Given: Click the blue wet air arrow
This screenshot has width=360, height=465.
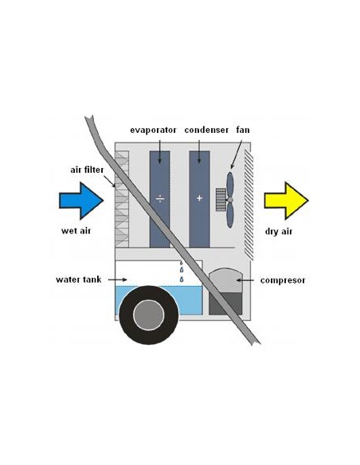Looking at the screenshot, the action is (x=81, y=201).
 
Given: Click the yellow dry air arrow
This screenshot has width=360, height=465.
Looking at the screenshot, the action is (x=286, y=201).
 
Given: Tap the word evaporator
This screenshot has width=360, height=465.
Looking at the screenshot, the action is (x=153, y=131).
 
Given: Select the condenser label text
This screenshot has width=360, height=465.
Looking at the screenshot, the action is (x=206, y=130).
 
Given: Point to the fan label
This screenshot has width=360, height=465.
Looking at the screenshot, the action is (x=243, y=130).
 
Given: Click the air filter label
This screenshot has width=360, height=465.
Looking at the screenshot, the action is (x=87, y=170).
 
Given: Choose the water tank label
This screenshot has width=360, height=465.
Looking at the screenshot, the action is (x=79, y=279).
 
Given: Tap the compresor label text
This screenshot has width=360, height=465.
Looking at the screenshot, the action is (x=283, y=280).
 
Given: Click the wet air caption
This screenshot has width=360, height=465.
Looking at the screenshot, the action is (x=76, y=231).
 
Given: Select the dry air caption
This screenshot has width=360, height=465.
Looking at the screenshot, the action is (x=279, y=232).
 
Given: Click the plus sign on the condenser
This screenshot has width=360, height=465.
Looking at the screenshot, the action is (x=199, y=198).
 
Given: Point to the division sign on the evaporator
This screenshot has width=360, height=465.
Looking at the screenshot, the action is (x=160, y=198).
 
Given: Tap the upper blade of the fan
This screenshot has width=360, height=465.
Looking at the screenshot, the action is (x=230, y=185).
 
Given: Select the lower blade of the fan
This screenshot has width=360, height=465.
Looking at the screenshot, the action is (x=230, y=215).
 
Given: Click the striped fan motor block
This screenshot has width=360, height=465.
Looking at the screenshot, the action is (x=221, y=200).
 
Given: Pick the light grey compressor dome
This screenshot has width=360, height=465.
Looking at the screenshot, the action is (x=225, y=280).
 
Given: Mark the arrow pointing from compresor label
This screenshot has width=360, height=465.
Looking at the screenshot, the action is (x=245, y=280).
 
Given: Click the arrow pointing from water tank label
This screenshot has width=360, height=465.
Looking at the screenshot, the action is (x=117, y=279).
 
